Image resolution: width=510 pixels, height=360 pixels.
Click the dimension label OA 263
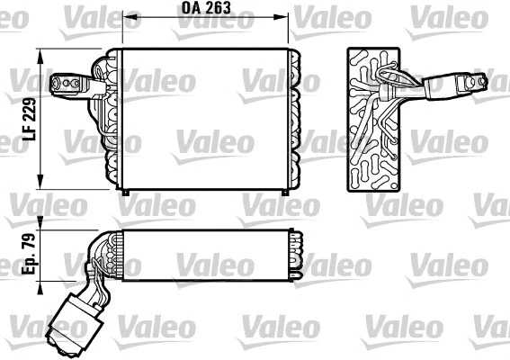click(205, 8)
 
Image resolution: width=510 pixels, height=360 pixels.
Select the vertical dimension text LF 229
click(29, 118)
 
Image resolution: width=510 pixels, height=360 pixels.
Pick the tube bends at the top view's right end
click(294, 255)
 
